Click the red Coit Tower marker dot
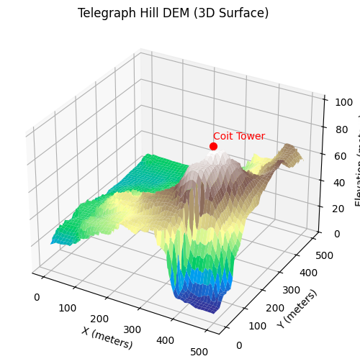pos(213,146)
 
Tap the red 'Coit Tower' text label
pos(238,136)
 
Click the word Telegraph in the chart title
pos(104,13)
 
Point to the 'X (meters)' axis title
pos(107,337)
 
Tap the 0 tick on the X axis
pos(37,296)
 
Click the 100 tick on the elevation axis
pos(333,101)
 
